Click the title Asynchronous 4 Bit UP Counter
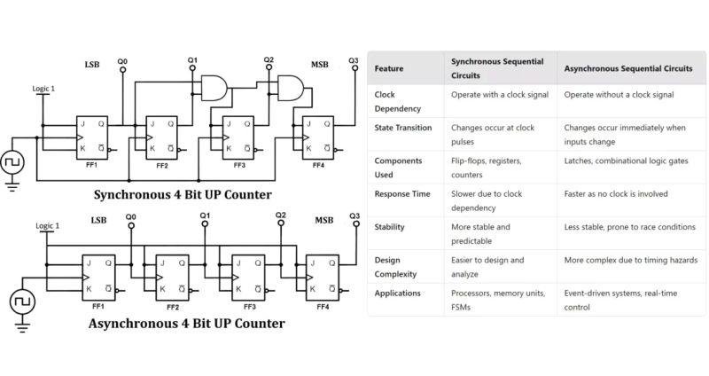(x=187, y=324)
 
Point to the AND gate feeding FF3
(x=214, y=86)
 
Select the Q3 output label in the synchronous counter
(x=354, y=60)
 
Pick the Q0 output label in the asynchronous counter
(x=131, y=216)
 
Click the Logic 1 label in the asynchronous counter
(x=47, y=226)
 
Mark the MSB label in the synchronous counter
(x=319, y=65)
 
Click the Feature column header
(x=390, y=68)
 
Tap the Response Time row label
(x=403, y=193)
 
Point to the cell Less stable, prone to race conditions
(x=629, y=227)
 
